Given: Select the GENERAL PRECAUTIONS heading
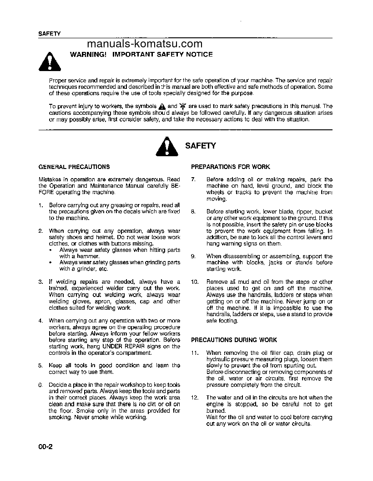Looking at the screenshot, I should pyautogui.click(x=74, y=167).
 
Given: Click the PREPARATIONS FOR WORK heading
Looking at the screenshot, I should pyautogui.click(x=230, y=167).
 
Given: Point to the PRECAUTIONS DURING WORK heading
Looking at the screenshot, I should pyautogui.click(x=234, y=340).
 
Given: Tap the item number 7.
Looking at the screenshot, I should pyautogui.click(x=193, y=179).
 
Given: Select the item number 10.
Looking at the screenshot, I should pyautogui.click(x=194, y=282).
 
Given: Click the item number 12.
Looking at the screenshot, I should pyautogui.click(x=194, y=398).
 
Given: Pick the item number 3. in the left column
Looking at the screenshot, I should pyautogui.click(x=41, y=282).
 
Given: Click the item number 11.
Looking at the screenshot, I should pyautogui.click(x=194, y=353).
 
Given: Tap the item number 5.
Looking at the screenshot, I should pyautogui.click(x=41, y=365).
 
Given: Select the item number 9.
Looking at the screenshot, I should pyautogui.click(x=193, y=256).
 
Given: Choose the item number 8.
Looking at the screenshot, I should pyautogui.click(x=193, y=212).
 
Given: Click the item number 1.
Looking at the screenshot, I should pyautogui.click(x=41, y=205).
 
